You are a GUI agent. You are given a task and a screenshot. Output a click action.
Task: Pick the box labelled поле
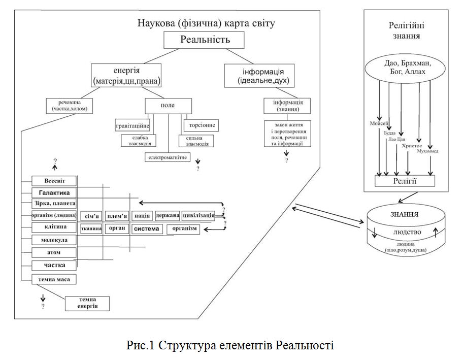tap(168, 105)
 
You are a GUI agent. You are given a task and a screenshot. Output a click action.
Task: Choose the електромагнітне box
tap(168, 157)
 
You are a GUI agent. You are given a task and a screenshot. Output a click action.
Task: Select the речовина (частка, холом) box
tap(70, 105)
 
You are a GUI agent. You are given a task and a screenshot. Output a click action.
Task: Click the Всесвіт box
tap(54, 181)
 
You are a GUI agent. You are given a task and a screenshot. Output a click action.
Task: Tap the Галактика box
tap(54, 192)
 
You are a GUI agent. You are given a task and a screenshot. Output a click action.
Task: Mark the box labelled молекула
tap(54, 240)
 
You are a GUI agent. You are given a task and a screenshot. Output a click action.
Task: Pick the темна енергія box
tap(88, 303)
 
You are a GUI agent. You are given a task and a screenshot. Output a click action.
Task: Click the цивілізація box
tap(198, 216)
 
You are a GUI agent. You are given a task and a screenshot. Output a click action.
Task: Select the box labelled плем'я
tap(117, 216)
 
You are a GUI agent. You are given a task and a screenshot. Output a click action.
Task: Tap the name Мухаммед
tap(428, 151)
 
